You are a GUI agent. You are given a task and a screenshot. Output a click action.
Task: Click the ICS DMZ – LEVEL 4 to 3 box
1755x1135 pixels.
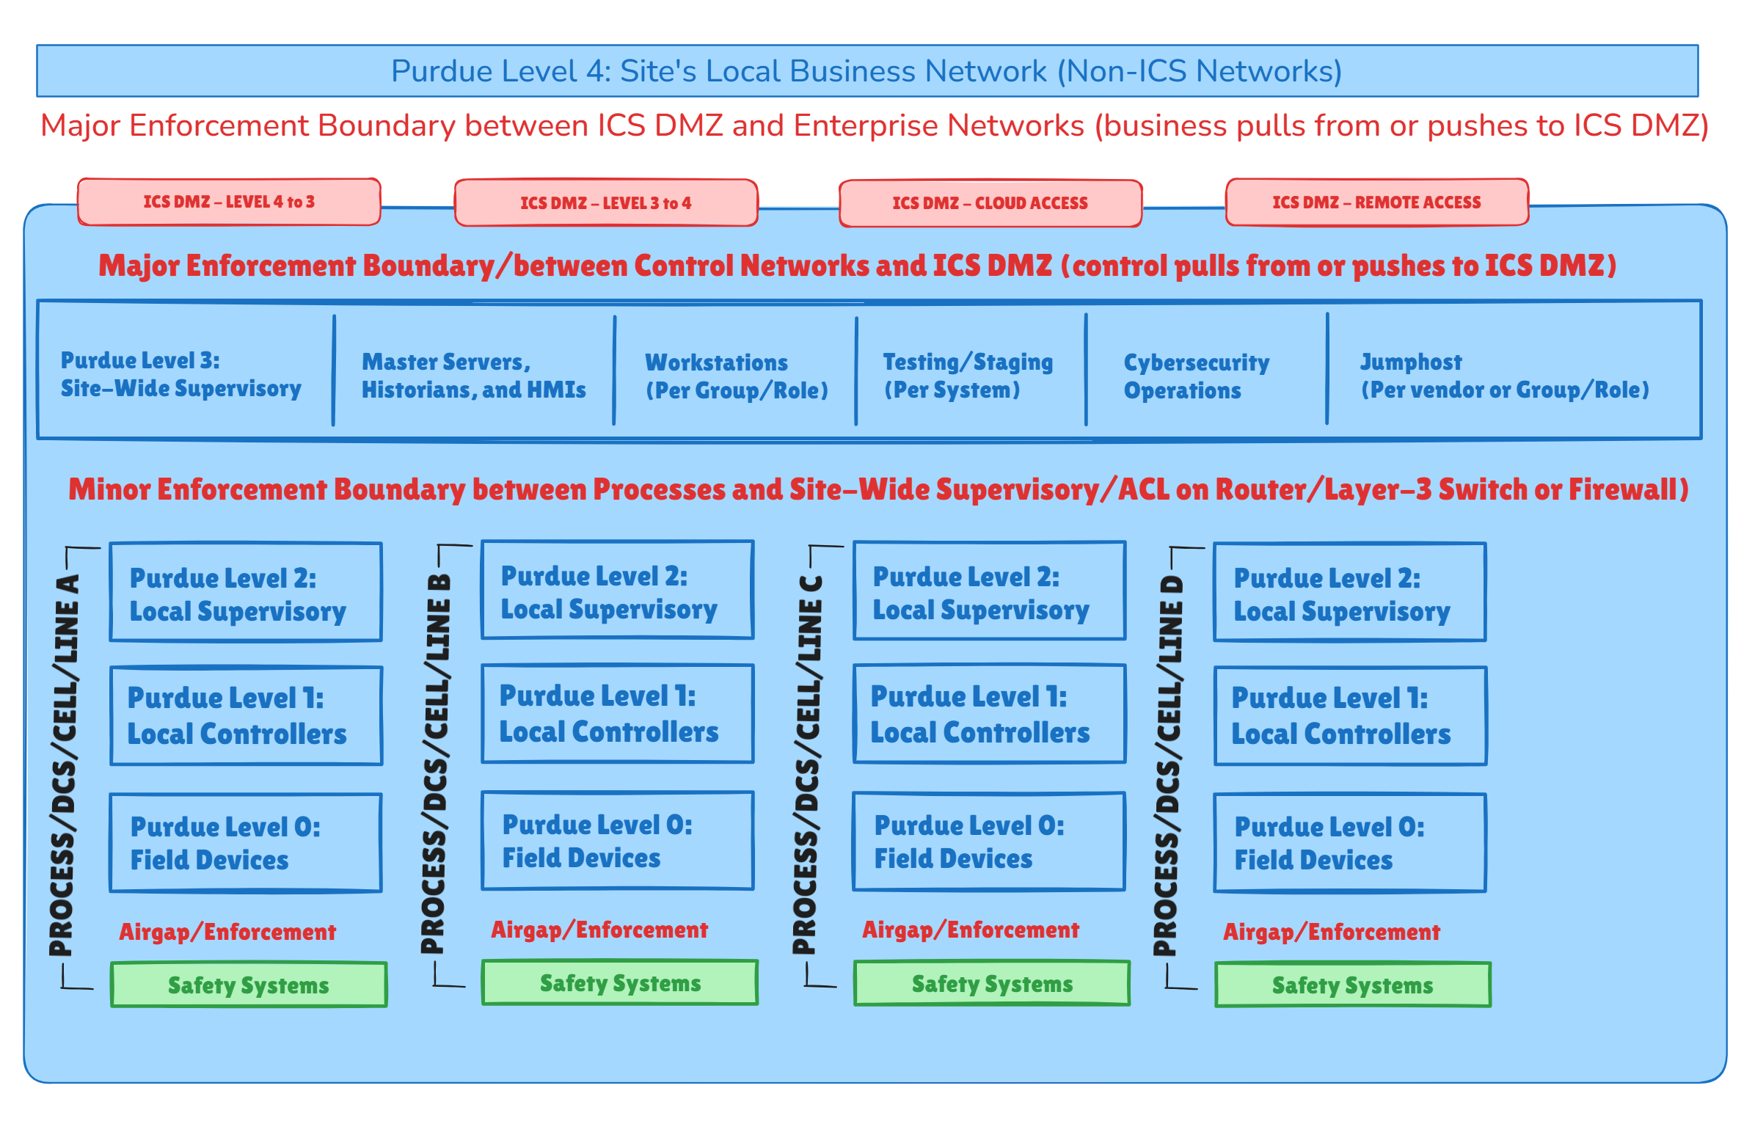pyautogui.click(x=228, y=201)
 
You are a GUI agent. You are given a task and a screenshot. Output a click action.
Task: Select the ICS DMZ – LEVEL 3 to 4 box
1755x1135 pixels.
pyautogui.click(x=606, y=202)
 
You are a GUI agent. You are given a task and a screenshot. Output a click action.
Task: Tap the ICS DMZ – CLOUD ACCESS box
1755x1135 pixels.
pyautogui.click(x=990, y=202)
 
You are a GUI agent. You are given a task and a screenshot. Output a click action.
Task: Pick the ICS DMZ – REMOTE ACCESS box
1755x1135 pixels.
pyautogui.click(x=1376, y=202)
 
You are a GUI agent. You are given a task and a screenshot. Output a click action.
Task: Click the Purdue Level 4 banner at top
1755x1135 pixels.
pyautogui.click(x=866, y=70)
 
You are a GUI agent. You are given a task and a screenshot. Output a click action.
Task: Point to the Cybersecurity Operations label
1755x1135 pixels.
pyautogui.click(x=1195, y=376)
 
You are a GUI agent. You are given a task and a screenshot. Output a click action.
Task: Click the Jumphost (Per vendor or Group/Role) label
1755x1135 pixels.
pyautogui.click(x=1503, y=375)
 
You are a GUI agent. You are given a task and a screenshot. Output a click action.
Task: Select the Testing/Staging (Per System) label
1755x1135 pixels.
pyautogui.click(x=967, y=375)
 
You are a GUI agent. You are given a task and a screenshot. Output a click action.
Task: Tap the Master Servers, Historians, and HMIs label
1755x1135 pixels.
pyautogui.click(x=473, y=375)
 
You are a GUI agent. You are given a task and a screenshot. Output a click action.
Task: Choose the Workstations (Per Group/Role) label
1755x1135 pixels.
pyautogui.click(x=737, y=376)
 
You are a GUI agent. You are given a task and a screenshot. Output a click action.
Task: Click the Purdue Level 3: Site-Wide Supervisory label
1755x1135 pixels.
pyautogui.click(x=180, y=374)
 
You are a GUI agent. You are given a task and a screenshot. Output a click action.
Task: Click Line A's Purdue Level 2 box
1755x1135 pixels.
pyautogui.click(x=246, y=593)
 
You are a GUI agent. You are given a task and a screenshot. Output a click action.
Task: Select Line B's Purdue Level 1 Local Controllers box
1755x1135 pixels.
pyautogui.click(x=618, y=713)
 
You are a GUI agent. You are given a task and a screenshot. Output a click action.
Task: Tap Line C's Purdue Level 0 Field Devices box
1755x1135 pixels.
pyautogui.click(x=989, y=842)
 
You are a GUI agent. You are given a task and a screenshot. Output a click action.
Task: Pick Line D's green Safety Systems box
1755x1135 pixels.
pyautogui.click(x=1352, y=985)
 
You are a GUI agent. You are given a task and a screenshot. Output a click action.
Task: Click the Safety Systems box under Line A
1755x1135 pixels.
pyautogui.click(x=249, y=985)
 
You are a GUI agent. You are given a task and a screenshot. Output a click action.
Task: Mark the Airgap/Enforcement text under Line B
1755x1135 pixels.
pyautogui.click(x=599, y=930)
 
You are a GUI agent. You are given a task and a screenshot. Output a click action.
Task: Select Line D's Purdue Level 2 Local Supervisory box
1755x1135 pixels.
pyautogui.click(x=1349, y=593)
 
